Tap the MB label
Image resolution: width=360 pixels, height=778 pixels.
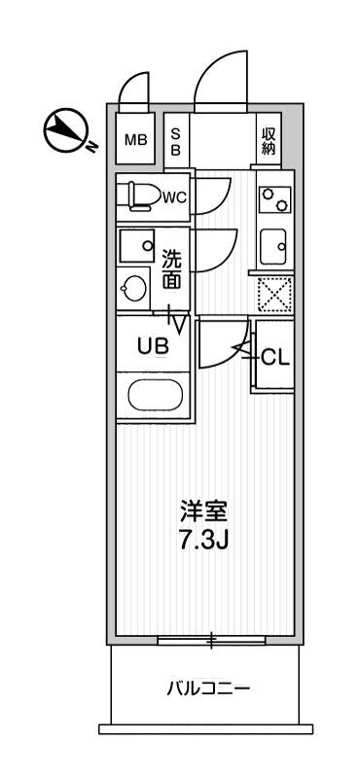tap(135, 140)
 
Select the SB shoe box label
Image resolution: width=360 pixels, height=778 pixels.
tap(176, 142)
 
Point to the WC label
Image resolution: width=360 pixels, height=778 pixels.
tap(174, 197)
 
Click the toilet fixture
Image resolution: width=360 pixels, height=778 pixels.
tap(138, 195)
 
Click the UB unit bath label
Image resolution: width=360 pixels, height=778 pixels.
tap(154, 345)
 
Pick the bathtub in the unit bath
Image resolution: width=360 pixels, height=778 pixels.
tap(154, 397)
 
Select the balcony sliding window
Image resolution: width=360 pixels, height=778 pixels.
tap(210, 639)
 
